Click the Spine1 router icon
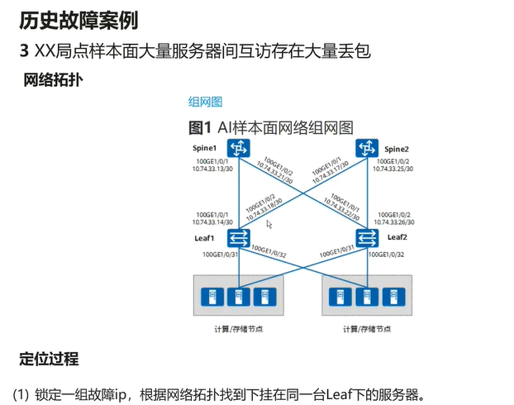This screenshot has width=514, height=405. [x=240, y=149]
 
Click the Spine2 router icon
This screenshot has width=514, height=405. [x=366, y=149]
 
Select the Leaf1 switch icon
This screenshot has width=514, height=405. [x=239, y=238]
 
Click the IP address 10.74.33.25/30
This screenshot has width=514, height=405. [x=393, y=168]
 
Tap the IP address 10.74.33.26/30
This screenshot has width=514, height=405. [x=393, y=222]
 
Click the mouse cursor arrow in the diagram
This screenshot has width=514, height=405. [x=269, y=223]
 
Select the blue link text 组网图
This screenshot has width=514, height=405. [x=206, y=102]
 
